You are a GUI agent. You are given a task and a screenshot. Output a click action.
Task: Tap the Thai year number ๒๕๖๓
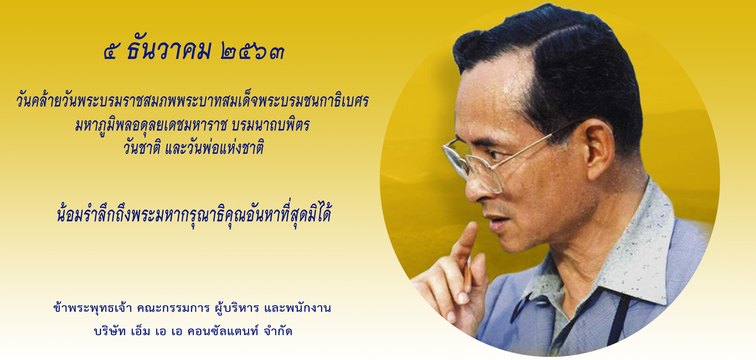(252, 51)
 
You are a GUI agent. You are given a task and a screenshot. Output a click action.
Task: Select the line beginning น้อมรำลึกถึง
(194, 213)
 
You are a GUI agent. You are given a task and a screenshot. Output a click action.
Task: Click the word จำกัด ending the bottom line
(278, 331)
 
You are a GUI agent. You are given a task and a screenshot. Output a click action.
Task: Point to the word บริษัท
(110, 331)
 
